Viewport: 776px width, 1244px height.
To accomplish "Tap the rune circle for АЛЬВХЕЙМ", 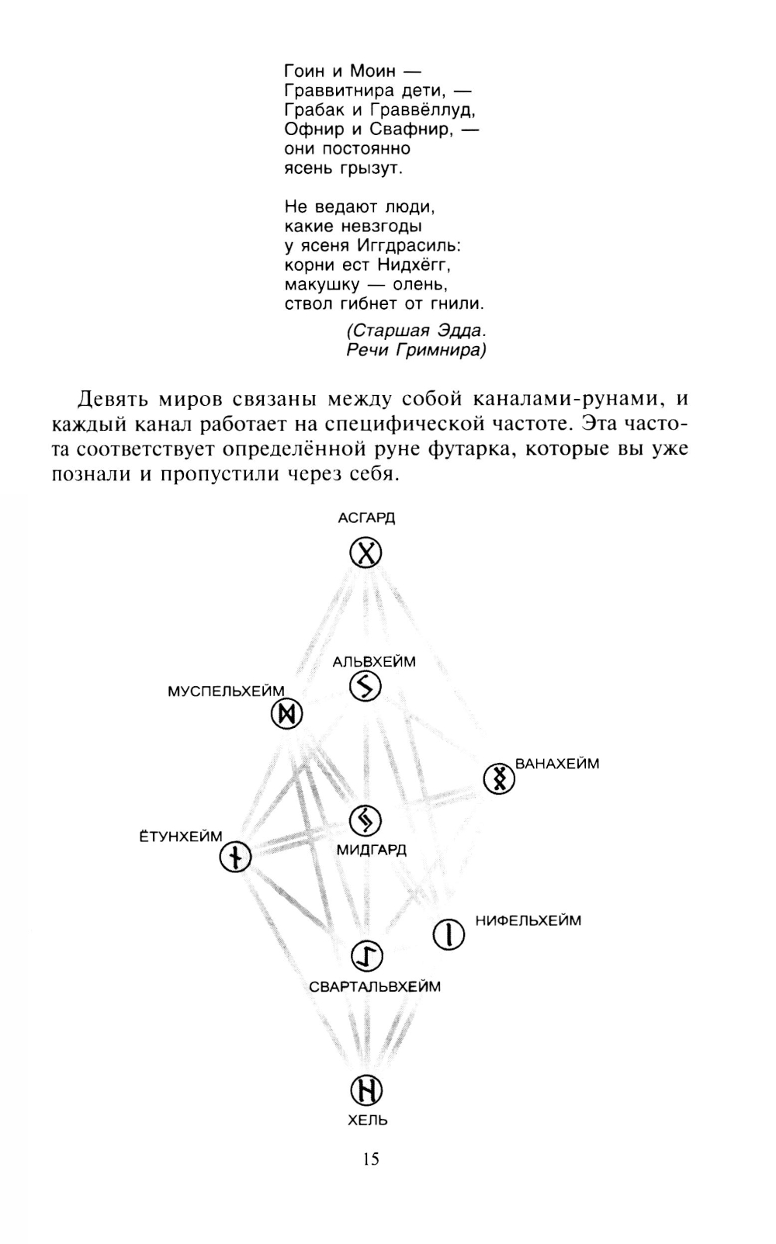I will (365, 686).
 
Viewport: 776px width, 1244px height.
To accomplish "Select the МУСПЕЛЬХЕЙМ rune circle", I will (286, 715).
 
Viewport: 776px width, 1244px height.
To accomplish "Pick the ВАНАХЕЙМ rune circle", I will (499, 778).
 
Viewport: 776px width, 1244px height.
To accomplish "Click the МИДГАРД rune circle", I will (365, 820).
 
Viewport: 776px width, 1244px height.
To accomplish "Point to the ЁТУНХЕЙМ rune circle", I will (235, 858).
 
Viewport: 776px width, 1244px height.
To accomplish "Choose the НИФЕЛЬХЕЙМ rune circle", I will (448, 934).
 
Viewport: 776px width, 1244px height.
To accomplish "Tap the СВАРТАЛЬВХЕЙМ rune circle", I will (367, 956).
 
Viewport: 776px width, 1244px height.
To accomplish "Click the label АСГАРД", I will (366, 518).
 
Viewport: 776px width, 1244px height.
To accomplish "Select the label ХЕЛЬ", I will (368, 1120).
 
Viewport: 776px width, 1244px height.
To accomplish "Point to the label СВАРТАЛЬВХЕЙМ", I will (374, 987).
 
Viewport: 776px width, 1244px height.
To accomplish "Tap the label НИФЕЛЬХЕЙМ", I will (528, 921).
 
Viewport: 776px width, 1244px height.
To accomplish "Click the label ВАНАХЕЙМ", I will (557, 764).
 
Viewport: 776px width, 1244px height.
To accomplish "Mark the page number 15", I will (370, 1159).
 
